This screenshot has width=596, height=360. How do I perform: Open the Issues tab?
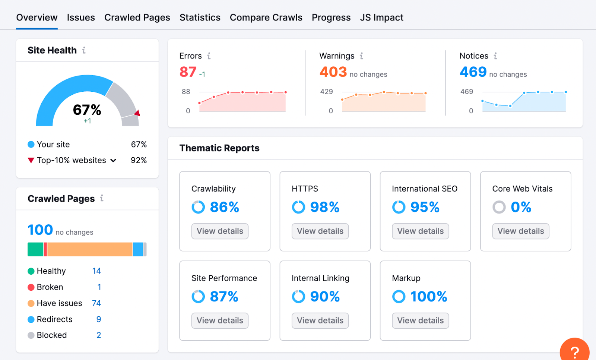(x=81, y=18)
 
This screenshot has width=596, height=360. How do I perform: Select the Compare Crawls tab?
(x=266, y=18)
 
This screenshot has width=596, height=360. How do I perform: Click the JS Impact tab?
(x=381, y=18)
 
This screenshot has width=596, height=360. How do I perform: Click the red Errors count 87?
(x=188, y=72)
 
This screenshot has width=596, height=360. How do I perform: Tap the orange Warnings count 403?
(x=333, y=72)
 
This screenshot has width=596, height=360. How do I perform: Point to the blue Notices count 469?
(x=473, y=72)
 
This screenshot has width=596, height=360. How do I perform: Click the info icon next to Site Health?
(x=84, y=50)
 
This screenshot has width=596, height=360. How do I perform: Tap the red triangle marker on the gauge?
(x=137, y=113)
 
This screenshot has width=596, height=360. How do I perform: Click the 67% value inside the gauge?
(x=87, y=110)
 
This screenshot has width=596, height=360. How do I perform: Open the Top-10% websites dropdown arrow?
(x=113, y=160)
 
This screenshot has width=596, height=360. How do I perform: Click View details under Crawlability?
(x=220, y=231)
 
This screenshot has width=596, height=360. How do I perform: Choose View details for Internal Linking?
(x=320, y=320)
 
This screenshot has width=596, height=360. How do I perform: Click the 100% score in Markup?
(x=428, y=297)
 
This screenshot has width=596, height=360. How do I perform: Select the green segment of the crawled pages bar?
(x=35, y=249)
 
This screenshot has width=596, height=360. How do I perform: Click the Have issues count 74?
(x=96, y=303)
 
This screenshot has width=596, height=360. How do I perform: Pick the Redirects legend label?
(x=54, y=319)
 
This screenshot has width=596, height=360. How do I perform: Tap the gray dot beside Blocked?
(x=31, y=335)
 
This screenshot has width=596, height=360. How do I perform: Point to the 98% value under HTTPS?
(x=324, y=207)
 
